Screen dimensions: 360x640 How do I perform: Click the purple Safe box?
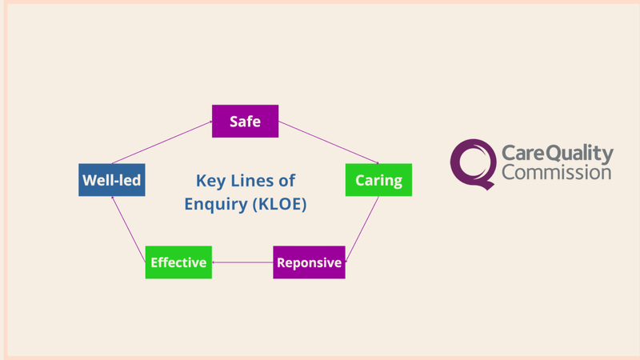click(x=245, y=122)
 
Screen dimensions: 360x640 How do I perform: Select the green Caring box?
click(x=378, y=180)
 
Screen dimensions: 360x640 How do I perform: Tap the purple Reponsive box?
click(x=309, y=262)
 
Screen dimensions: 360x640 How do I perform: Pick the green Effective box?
click(x=178, y=262)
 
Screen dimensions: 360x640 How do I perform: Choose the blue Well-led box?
click(x=111, y=181)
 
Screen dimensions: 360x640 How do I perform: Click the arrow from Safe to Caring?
click(x=328, y=142)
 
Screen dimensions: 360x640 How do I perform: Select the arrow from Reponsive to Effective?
click(x=242, y=262)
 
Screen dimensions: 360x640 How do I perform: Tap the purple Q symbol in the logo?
click(x=471, y=162)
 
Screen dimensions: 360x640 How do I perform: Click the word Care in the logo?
click(x=520, y=152)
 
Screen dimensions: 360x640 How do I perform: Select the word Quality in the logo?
click(x=577, y=153)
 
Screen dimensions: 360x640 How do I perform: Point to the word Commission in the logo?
click(x=556, y=172)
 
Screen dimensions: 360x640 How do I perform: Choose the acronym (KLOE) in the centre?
click(x=279, y=204)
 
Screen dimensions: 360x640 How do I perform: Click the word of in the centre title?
click(x=285, y=181)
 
